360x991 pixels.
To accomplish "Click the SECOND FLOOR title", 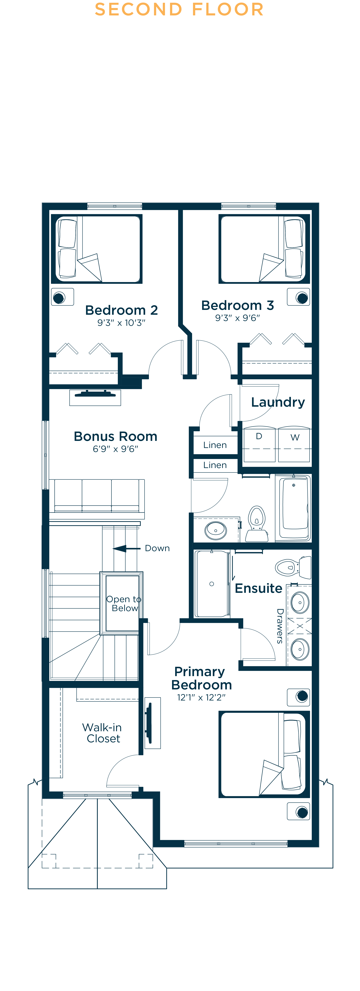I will (179, 10).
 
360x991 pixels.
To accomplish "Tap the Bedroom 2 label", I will (122, 310).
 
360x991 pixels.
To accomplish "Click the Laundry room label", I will (278, 402).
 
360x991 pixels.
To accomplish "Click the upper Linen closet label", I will (215, 445).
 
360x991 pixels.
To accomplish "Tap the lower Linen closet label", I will (215, 465).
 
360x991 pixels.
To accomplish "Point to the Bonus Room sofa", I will (97, 497).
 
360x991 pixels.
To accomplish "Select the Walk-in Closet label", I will (102, 733).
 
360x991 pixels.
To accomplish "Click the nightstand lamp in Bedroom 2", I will (59, 297).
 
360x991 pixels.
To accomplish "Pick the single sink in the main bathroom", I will (216, 531).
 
